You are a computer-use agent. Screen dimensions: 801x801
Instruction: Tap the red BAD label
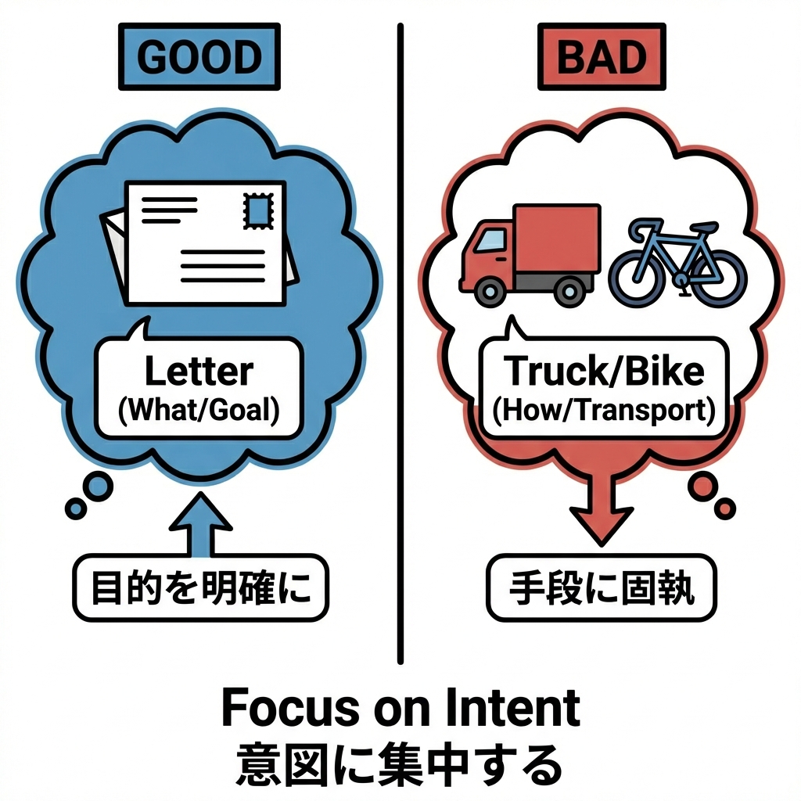pyautogui.click(x=602, y=57)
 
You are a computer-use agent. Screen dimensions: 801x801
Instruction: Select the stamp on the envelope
pyautogui.click(x=258, y=210)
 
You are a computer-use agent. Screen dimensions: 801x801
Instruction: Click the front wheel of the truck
pyautogui.click(x=490, y=293)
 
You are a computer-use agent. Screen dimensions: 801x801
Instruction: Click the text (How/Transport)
pyautogui.click(x=602, y=410)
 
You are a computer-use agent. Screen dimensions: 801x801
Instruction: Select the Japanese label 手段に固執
pyautogui.click(x=602, y=589)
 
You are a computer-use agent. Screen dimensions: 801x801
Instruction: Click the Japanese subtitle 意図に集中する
pyautogui.click(x=400, y=763)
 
